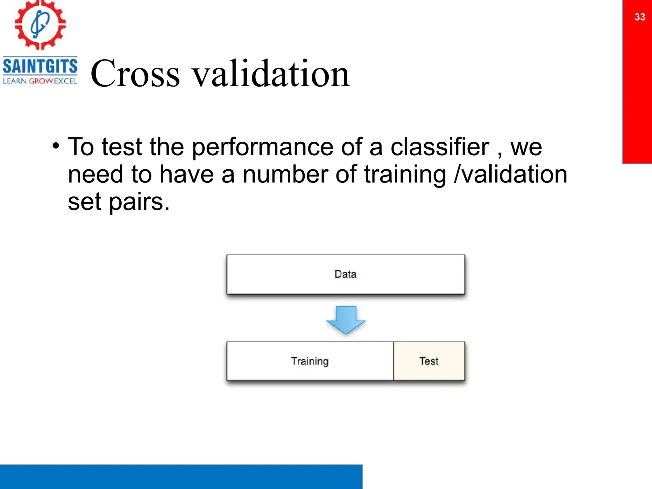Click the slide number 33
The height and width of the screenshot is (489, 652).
[640, 17]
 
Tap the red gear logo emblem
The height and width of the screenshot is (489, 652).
[40, 25]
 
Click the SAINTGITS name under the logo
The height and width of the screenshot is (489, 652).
[40, 66]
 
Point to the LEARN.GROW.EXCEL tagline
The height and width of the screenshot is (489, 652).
[40, 81]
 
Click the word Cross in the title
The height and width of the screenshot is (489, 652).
[135, 74]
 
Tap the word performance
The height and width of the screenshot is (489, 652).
[263, 147]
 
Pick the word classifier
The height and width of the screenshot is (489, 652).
[440, 147]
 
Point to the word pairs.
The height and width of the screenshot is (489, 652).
[139, 202]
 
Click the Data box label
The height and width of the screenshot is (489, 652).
[345, 274]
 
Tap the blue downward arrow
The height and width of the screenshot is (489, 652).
[346, 320]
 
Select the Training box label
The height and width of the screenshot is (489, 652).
[310, 361]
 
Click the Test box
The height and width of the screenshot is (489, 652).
[429, 361]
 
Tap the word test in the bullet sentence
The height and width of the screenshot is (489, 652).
[121, 147]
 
